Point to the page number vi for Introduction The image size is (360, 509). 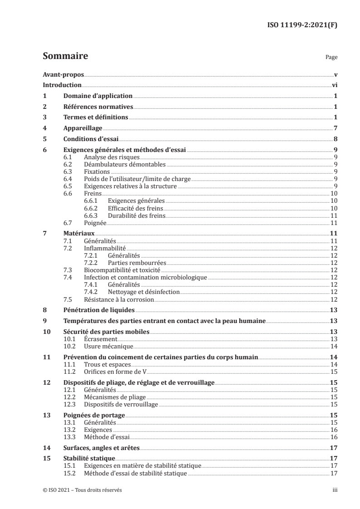(x=334, y=85)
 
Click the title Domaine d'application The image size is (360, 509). (x=98, y=96)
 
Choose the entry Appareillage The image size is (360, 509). (x=83, y=128)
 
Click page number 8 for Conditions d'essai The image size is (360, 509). (x=335, y=139)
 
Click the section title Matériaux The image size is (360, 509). (x=79, y=233)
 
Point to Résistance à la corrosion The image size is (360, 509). (x=119, y=299)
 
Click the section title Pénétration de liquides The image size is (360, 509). (x=99, y=311)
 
